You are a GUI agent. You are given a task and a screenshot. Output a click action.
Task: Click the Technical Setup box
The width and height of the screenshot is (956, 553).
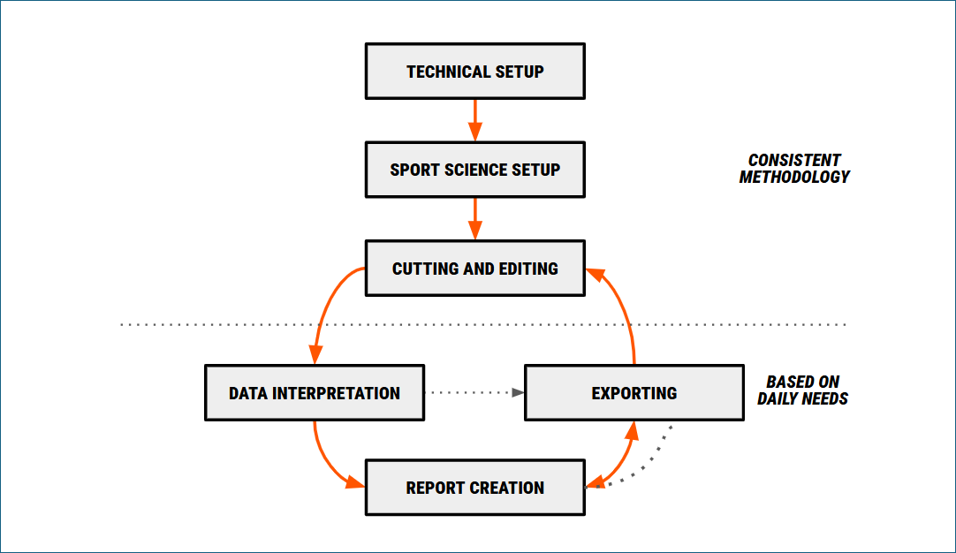click(474, 71)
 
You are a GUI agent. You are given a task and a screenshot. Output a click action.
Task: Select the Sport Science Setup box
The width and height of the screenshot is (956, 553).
click(474, 170)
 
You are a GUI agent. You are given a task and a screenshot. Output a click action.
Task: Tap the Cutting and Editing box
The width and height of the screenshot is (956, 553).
click(474, 269)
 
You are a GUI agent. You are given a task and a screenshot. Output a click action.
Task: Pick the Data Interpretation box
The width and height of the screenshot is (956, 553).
click(315, 392)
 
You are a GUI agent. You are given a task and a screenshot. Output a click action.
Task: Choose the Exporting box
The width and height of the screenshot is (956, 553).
click(634, 392)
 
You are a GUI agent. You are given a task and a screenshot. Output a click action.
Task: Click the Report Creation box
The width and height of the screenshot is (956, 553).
click(474, 488)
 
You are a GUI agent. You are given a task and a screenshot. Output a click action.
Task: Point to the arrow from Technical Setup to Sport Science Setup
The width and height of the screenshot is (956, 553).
click(474, 118)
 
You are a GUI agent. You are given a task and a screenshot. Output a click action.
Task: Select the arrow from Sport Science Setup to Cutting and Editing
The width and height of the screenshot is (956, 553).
click(474, 217)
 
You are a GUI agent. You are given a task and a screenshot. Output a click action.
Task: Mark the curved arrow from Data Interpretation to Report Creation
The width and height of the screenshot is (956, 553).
click(325, 458)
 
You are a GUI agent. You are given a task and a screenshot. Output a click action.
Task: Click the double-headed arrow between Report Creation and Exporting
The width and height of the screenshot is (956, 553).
click(622, 458)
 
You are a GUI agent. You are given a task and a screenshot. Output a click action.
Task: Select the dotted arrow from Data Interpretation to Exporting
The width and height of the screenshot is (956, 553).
click(473, 392)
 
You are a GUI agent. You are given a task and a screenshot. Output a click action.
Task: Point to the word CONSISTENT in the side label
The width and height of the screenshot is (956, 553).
click(794, 160)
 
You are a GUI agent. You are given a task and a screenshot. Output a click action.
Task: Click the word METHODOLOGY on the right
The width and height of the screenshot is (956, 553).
click(794, 177)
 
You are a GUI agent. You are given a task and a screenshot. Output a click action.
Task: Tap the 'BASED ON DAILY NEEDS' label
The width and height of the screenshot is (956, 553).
click(802, 390)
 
